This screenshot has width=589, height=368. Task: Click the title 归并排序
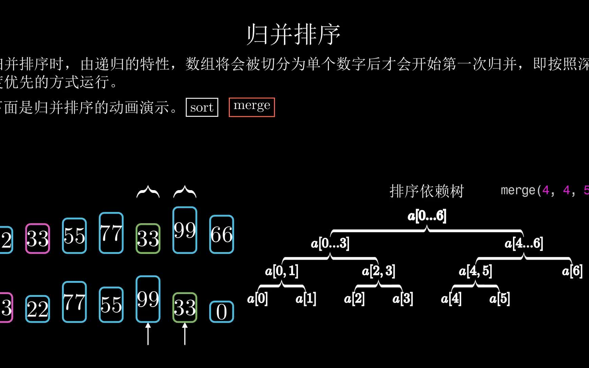click(293, 34)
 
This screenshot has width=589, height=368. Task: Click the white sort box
click(202, 107)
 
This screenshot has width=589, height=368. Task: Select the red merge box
click(252, 107)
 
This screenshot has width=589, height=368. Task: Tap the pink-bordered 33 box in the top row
click(37, 239)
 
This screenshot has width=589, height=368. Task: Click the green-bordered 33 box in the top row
click(148, 239)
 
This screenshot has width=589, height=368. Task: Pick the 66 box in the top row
click(222, 234)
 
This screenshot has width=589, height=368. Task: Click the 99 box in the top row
click(185, 230)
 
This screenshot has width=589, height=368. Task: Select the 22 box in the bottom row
click(37, 309)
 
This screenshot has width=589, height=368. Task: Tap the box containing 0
click(222, 312)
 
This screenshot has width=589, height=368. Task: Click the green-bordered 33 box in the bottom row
click(185, 307)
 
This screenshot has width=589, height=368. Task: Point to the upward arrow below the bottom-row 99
click(148, 334)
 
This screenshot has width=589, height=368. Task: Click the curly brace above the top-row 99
click(185, 192)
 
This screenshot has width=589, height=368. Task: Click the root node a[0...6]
click(427, 216)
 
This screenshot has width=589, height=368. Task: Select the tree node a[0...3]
click(330, 243)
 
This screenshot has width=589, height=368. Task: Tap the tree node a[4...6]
click(524, 243)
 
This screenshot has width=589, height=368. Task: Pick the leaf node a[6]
click(572, 271)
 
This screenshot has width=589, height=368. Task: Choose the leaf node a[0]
click(257, 299)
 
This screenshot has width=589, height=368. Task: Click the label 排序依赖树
click(426, 191)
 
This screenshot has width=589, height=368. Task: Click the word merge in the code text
click(518, 190)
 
